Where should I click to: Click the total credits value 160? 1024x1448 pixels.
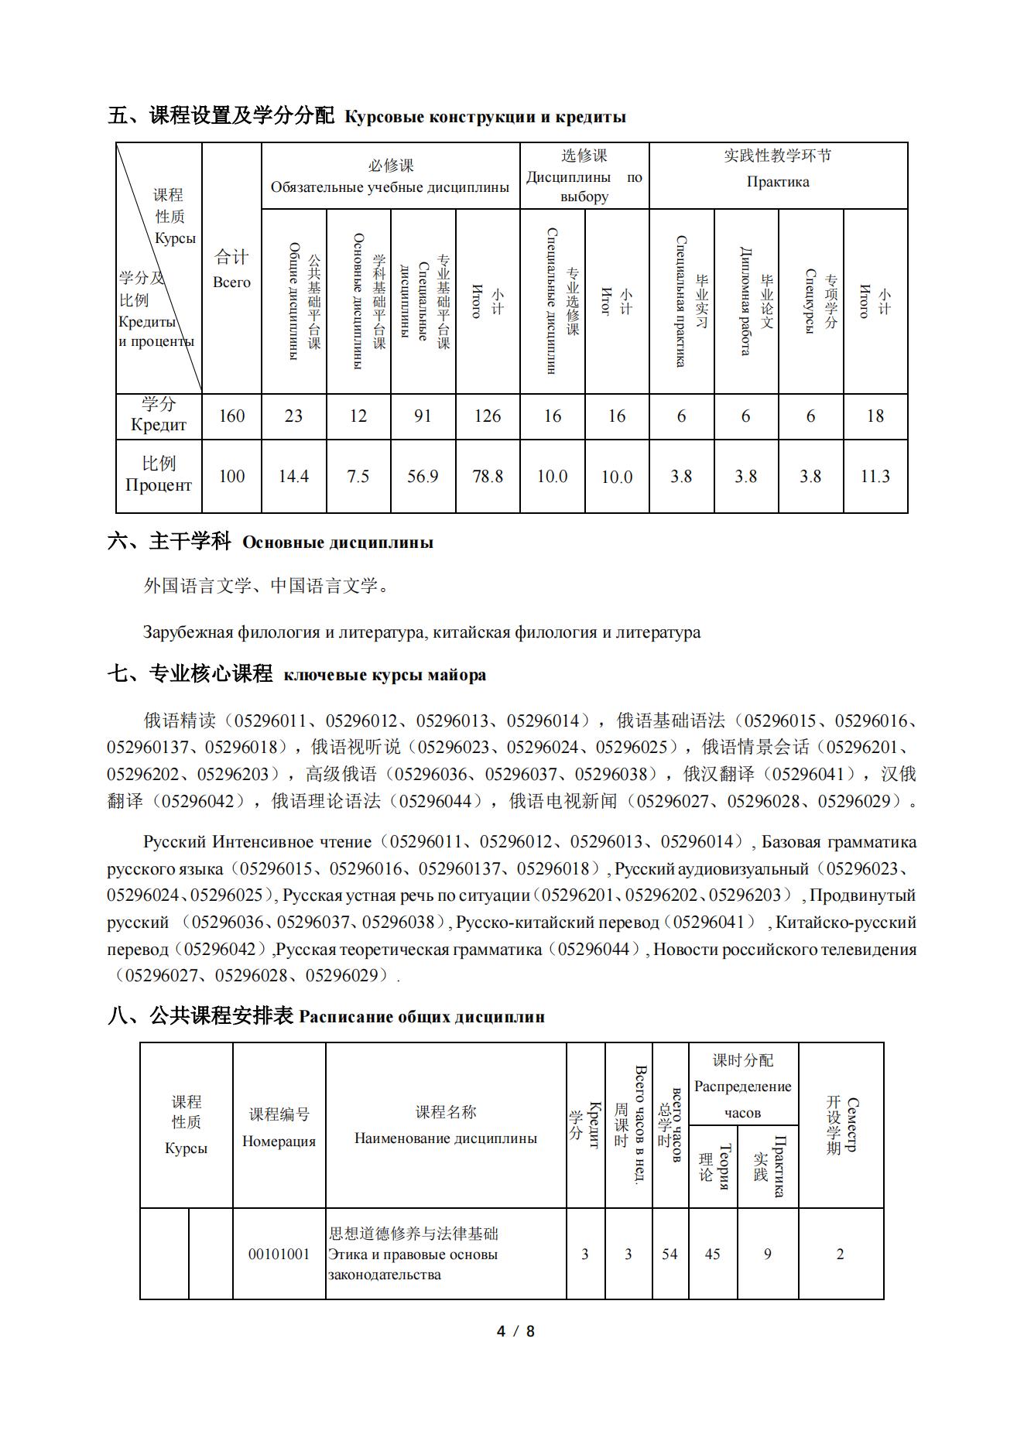coord(231,416)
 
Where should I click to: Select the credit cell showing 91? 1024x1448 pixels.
coord(423,416)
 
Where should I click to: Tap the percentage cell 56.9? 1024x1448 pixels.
coord(423,477)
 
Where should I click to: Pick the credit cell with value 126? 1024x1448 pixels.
coord(488,416)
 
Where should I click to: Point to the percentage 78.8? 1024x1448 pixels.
coord(488,477)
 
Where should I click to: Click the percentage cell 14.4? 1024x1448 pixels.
coord(294,477)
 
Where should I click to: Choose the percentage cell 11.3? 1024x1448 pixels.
coord(875,477)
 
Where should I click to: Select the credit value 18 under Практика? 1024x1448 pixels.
coord(875,416)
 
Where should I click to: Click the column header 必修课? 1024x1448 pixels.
coord(390,166)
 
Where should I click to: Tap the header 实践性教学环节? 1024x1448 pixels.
coord(778,156)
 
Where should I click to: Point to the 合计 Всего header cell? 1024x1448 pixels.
coord(231,268)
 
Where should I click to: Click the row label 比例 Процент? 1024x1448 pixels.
coord(159,474)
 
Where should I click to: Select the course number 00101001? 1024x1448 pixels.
coord(279,1255)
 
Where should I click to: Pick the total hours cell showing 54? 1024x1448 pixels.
coord(670,1255)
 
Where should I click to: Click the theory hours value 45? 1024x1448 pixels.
coord(713,1255)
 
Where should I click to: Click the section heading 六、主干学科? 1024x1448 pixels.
coord(169,542)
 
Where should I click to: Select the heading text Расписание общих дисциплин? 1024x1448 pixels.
coord(422,1017)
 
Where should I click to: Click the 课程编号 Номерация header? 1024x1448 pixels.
coord(279,1127)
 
